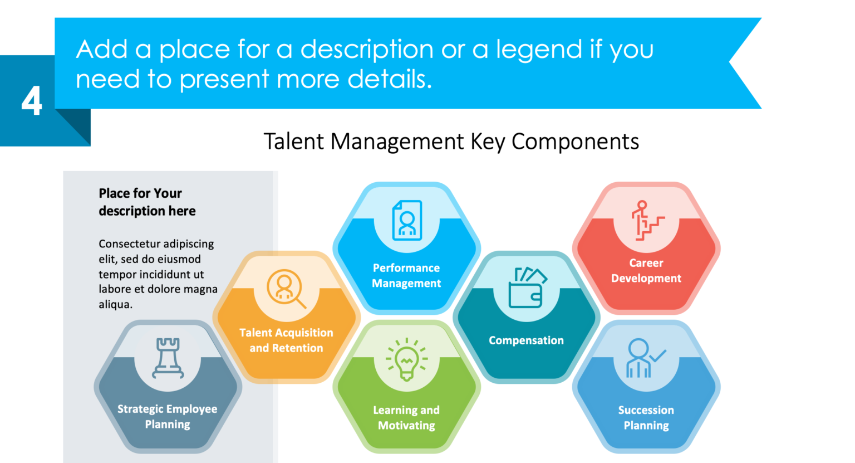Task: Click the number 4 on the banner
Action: tap(32, 101)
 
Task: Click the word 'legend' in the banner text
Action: tap(539, 50)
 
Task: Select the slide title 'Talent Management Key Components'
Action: tap(451, 142)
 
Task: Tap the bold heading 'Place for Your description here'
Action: tap(147, 202)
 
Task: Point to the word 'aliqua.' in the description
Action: tap(115, 305)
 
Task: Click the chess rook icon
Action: tap(168, 358)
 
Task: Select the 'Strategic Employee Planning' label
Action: tap(168, 417)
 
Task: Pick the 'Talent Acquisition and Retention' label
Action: tap(286, 340)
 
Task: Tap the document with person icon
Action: tap(407, 221)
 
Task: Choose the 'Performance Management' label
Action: tap(406, 276)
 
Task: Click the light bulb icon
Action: tap(407, 359)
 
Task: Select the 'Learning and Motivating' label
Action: tap(406, 418)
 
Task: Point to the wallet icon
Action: tap(527, 287)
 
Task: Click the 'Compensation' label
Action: tap(526, 340)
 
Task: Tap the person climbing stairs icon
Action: tap(646, 221)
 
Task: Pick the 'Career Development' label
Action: tap(646, 271)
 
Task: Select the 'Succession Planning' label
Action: tap(646, 418)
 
